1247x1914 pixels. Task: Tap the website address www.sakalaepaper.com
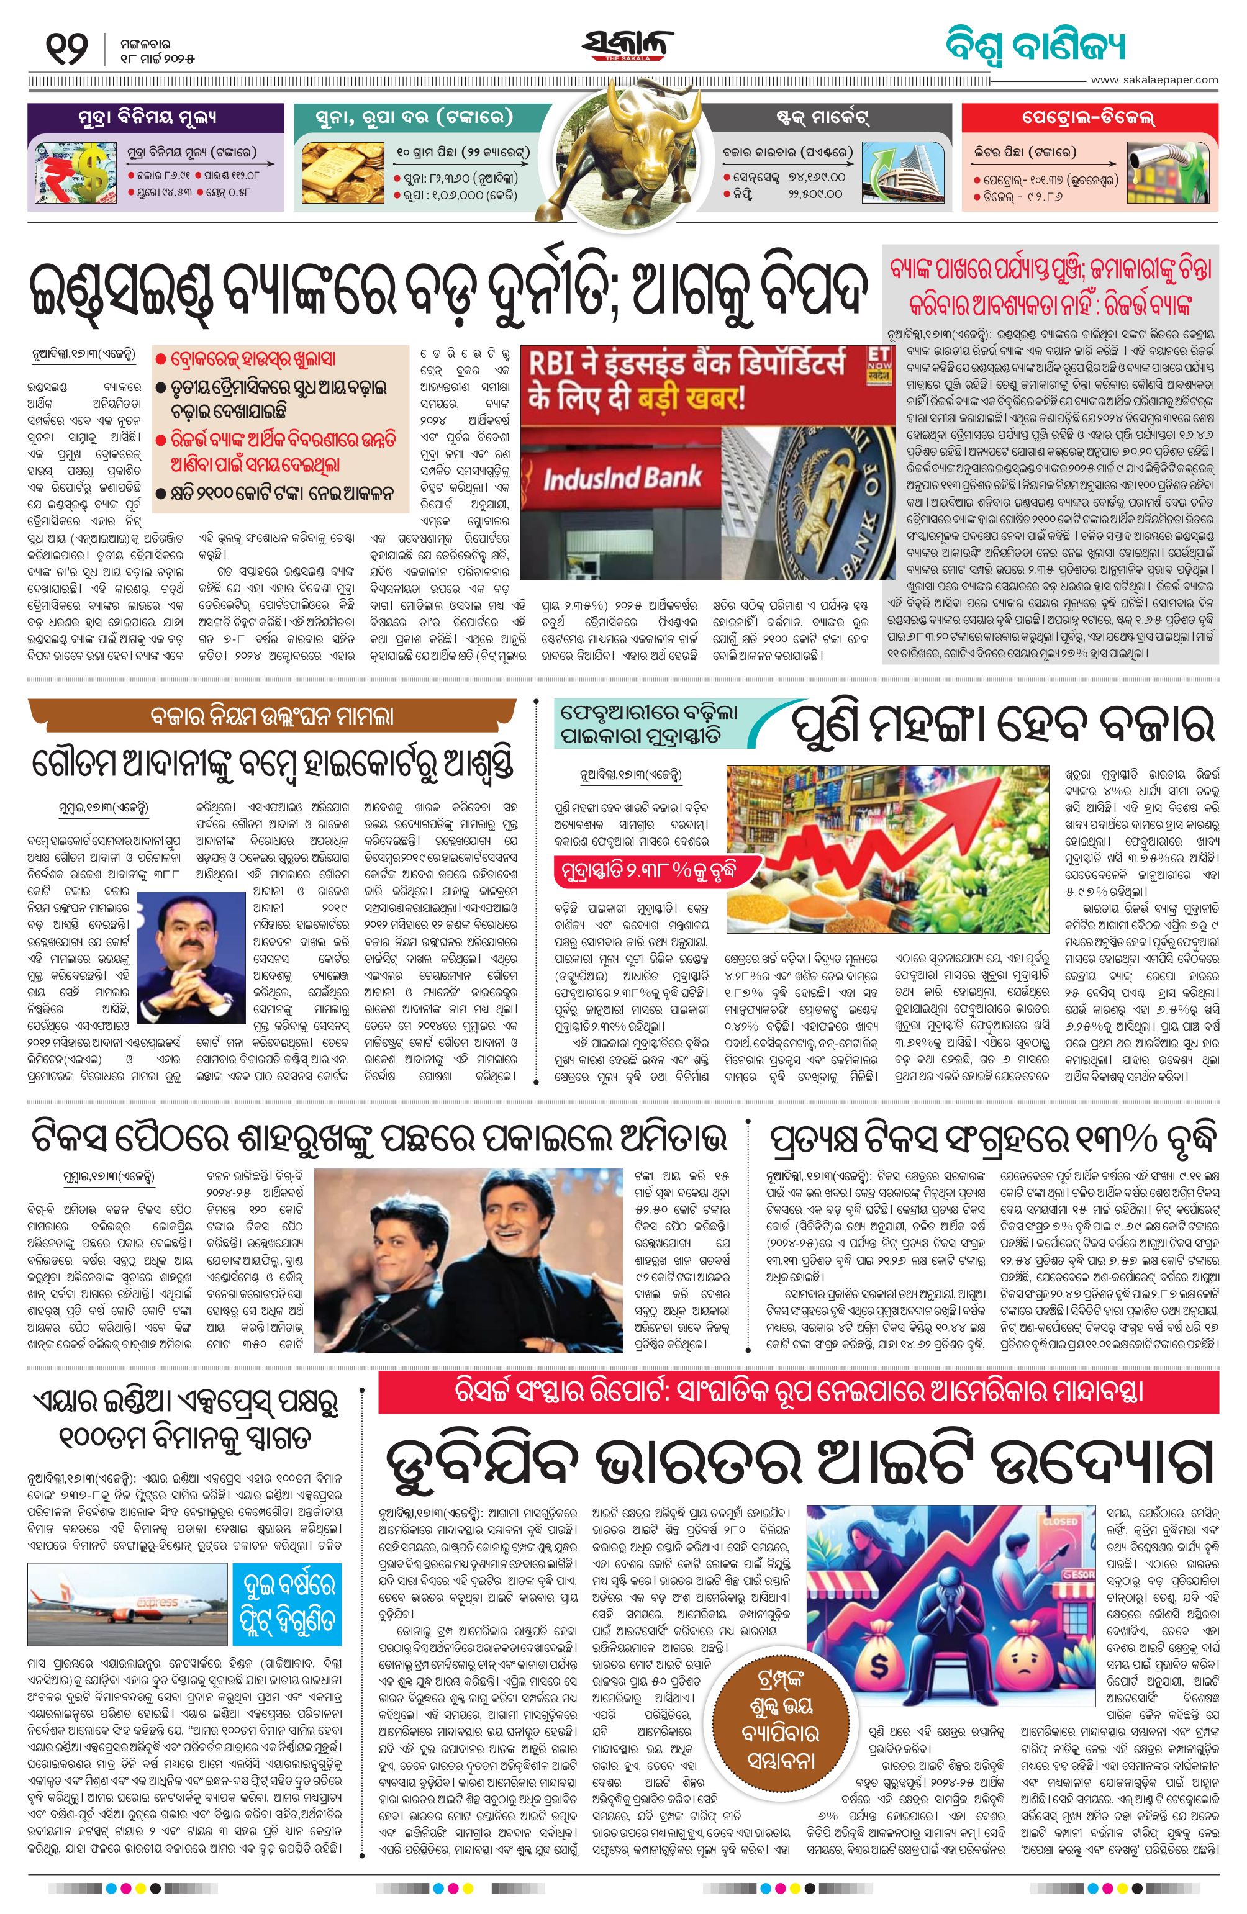pyautogui.click(x=1154, y=79)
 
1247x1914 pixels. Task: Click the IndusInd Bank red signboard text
pyautogui.click(x=621, y=479)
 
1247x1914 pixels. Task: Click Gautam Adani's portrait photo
pyautogui.click(x=191, y=955)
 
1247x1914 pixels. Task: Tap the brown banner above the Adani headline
pyautogui.click(x=272, y=716)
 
